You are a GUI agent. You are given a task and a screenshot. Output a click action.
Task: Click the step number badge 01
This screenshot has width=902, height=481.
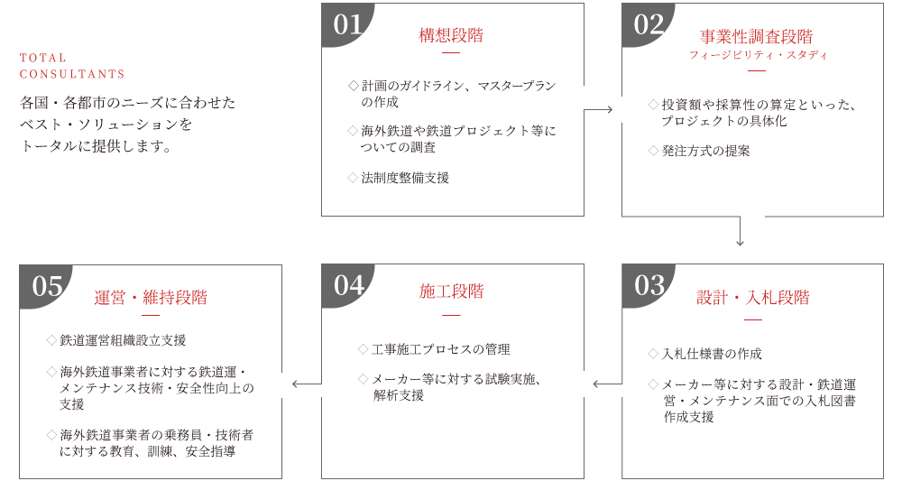346,24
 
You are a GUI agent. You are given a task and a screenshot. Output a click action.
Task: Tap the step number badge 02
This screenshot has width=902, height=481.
648,24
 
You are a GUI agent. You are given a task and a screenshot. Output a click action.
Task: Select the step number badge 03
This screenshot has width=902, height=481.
648,285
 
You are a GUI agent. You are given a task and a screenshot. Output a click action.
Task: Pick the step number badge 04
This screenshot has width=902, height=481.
346,285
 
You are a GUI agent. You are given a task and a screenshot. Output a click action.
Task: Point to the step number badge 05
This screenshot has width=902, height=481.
46,286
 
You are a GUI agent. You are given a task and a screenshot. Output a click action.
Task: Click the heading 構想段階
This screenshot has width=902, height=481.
451,36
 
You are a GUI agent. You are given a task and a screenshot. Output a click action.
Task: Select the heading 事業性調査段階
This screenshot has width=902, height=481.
756,37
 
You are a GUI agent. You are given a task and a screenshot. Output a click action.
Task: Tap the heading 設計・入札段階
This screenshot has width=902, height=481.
752,298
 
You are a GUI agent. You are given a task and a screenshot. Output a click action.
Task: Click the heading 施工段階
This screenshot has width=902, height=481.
451,291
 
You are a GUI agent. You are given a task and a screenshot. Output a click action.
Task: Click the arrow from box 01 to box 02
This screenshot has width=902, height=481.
603,109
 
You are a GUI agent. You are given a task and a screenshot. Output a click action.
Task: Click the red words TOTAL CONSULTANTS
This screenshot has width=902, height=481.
72,66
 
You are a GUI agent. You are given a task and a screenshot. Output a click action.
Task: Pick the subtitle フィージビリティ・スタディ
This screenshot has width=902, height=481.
756,55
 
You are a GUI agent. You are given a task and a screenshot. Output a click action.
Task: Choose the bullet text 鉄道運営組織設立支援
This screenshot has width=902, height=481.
123,340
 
